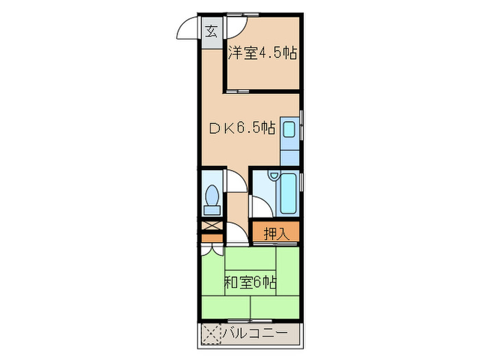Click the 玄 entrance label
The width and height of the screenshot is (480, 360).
212,31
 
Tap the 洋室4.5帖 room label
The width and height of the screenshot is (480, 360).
263,53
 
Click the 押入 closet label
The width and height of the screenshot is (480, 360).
276,232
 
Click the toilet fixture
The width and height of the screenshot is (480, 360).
212,195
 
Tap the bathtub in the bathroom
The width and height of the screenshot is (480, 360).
288,195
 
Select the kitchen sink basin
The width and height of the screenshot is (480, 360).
289,129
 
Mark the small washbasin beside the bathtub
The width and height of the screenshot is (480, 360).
274,177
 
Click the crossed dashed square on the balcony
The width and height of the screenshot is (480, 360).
212,336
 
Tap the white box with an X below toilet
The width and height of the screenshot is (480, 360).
212,226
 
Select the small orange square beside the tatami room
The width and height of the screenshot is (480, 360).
212,239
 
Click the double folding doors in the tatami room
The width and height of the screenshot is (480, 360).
212,250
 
